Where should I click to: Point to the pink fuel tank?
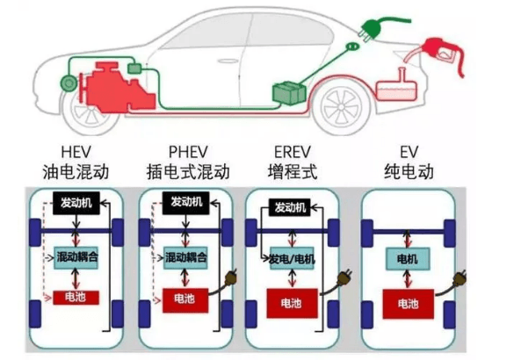396,87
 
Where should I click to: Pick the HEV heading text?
76,152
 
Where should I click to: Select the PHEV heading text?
188,152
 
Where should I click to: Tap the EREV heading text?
292,152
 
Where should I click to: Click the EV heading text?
409,152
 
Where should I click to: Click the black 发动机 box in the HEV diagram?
76,203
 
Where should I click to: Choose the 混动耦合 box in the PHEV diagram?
186,258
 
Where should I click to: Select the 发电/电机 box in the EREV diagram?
292,259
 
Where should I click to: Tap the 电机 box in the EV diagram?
407,259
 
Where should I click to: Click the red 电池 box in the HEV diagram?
76,298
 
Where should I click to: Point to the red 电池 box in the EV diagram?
409,304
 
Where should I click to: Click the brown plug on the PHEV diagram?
230,278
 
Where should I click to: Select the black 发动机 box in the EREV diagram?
290,207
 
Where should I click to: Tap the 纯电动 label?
409,171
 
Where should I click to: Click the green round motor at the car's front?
69,83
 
